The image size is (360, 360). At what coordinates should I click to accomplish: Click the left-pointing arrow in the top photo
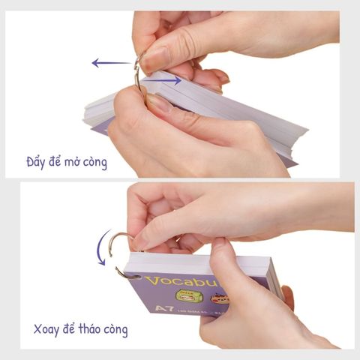coord(110,63)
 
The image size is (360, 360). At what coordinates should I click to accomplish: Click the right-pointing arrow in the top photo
coord(160,79)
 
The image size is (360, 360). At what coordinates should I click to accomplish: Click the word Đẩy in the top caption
coord(37,161)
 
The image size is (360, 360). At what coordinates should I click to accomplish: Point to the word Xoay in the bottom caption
coord(48,329)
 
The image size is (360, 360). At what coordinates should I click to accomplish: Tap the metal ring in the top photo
coord(137,72)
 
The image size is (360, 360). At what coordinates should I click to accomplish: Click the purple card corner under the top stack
coord(97,127)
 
